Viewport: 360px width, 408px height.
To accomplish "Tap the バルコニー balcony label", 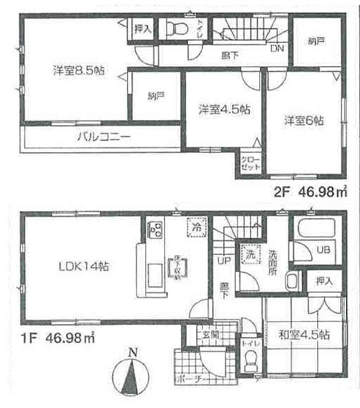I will coord(104,136).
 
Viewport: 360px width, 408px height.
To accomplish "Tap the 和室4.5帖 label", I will coord(303,334).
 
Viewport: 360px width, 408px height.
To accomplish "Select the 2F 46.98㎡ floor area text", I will coord(311,190).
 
